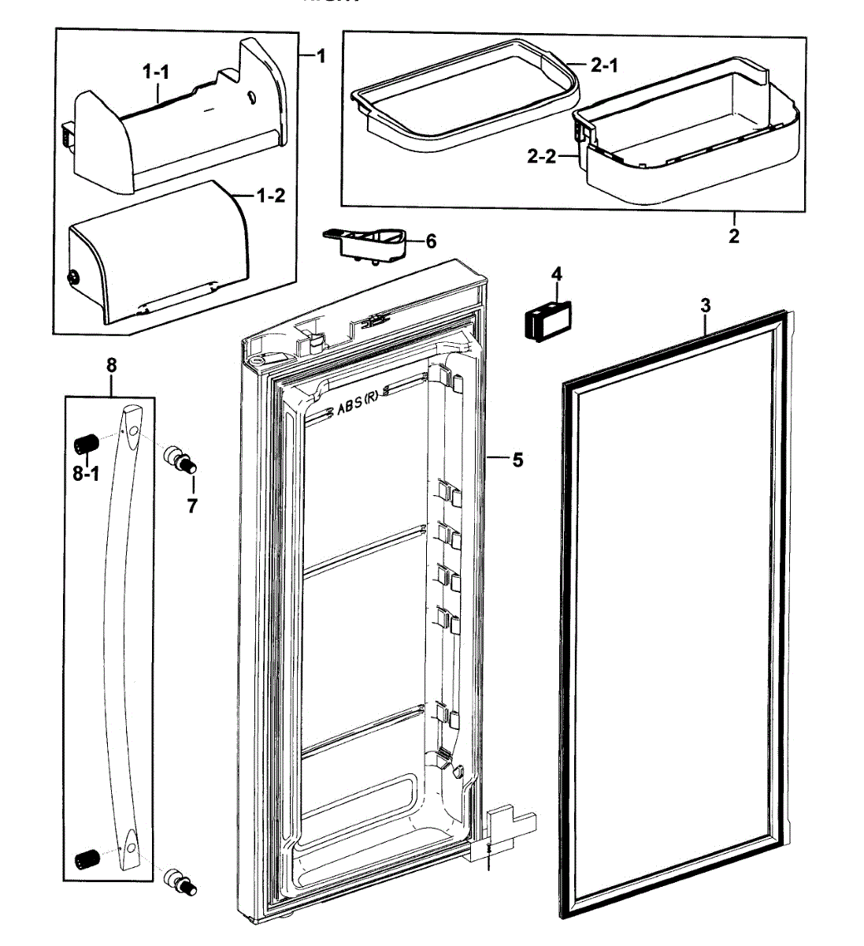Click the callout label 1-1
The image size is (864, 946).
tap(156, 72)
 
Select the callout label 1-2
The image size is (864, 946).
tap(271, 196)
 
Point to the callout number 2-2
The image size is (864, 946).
tap(541, 157)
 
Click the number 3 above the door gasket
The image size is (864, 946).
tap(706, 305)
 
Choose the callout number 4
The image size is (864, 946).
tap(557, 274)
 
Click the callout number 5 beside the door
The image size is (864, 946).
tap(517, 459)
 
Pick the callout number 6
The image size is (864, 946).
tap(430, 240)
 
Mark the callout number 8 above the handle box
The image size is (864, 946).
tap(111, 365)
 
